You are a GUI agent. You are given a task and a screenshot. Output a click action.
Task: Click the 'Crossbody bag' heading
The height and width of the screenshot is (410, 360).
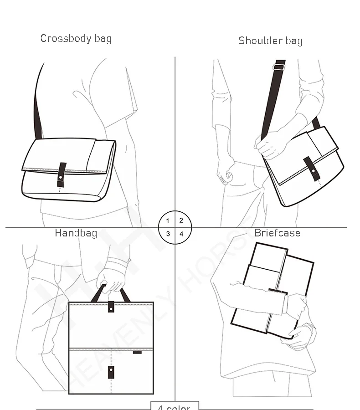(76, 38)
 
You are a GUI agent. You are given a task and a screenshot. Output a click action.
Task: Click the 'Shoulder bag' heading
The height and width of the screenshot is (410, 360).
(270, 41)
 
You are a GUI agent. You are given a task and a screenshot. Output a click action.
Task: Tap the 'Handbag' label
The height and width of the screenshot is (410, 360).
(76, 233)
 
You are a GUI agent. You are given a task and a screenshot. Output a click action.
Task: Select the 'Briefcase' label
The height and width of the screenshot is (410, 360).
(277, 233)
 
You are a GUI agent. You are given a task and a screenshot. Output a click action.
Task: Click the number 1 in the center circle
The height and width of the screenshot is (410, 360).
(168, 221)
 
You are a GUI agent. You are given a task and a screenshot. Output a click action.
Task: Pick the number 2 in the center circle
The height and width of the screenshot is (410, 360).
(181, 220)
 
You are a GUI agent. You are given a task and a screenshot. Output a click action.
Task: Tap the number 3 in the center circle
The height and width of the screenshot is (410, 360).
(168, 234)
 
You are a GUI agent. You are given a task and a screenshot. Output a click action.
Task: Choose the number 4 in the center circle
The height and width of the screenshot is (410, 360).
(181, 234)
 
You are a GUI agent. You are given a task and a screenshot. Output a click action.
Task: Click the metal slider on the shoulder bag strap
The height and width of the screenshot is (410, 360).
(279, 67)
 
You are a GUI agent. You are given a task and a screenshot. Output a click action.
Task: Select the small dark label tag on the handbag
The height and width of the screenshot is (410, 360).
(137, 352)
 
